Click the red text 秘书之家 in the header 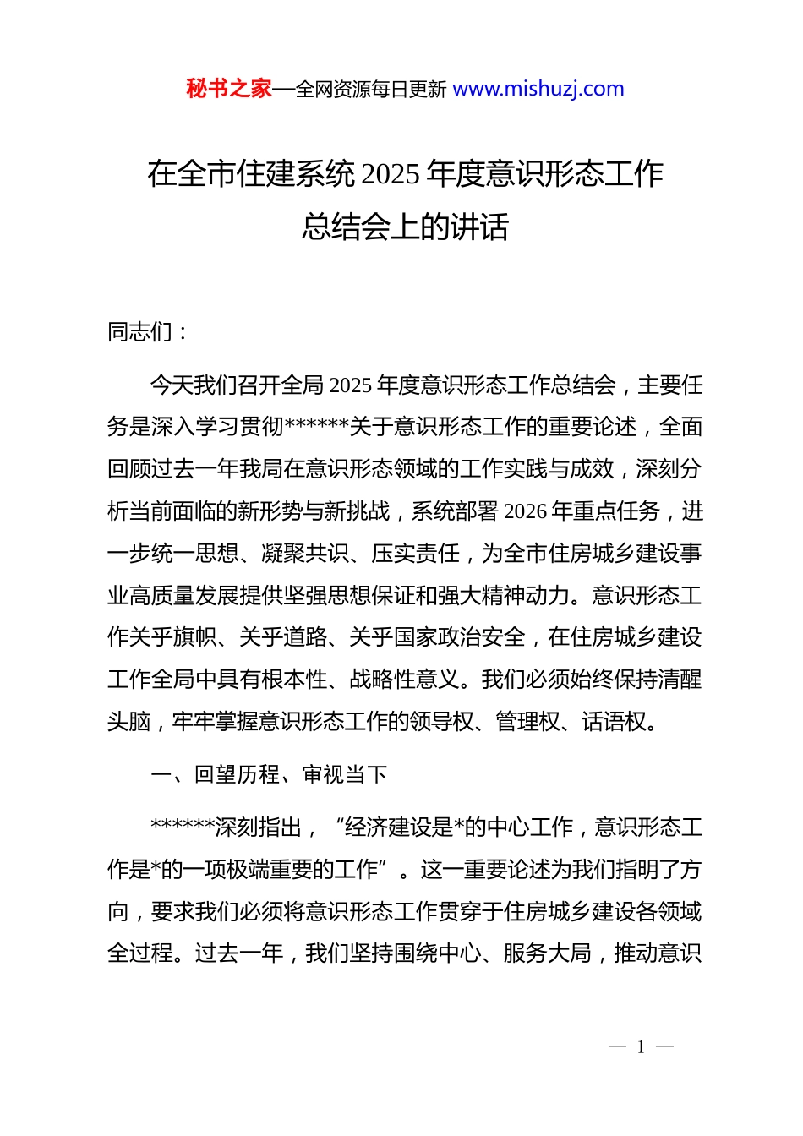(x=228, y=89)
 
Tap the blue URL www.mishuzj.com (x=538, y=89)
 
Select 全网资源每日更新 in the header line (x=371, y=90)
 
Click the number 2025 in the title (x=391, y=174)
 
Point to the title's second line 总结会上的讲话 (x=405, y=227)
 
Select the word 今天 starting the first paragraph (x=172, y=385)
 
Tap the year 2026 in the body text (x=525, y=511)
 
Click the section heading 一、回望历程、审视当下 (x=269, y=774)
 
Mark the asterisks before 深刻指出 (x=182, y=827)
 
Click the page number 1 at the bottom (x=641, y=1047)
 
